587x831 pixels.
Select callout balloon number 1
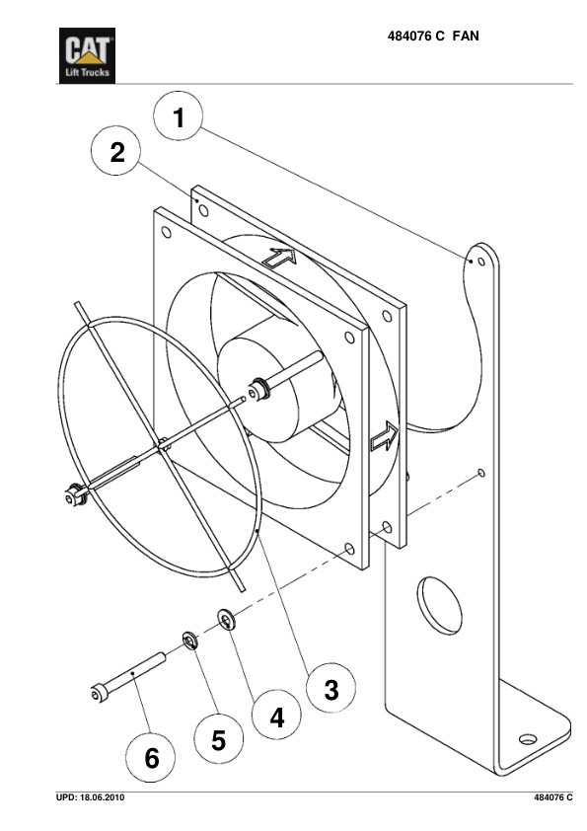(179, 119)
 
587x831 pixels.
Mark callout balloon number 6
(152, 758)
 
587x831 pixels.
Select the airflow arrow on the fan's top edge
(280, 260)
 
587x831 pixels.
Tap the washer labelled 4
(228, 621)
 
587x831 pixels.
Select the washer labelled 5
(189, 642)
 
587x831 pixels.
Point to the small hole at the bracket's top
(479, 263)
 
